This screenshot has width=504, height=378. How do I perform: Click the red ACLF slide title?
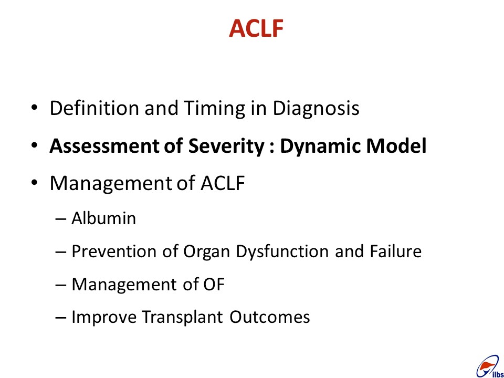click(256, 28)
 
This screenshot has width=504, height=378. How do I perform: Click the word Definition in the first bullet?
click(94, 108)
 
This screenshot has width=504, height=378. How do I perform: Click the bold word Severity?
click(226, 147)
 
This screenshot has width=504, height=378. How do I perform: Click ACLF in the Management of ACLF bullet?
click(223, 183)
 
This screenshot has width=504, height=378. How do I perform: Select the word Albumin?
click(103, 218)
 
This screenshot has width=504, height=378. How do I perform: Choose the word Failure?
click(395, 251)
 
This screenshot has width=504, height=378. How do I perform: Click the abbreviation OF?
click(214, 285)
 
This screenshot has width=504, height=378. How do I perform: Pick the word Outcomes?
click(270, 317)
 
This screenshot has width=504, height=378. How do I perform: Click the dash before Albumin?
click(61, 219)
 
